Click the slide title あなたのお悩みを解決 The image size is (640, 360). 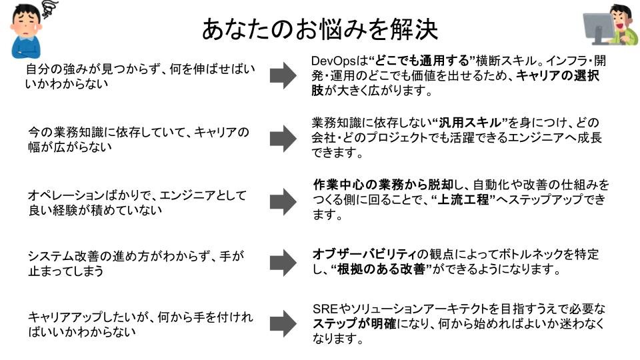319,29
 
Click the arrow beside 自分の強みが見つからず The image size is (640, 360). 283,76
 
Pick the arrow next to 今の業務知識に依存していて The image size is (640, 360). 283,139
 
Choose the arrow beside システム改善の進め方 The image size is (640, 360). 283,263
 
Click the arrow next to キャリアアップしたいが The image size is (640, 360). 283,324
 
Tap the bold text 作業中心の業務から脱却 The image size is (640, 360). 383,185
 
